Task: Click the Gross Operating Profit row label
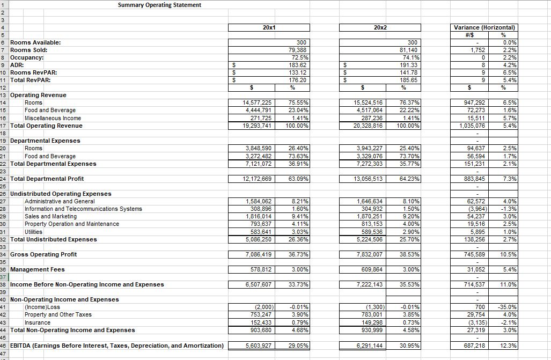(x=43, y=254)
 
